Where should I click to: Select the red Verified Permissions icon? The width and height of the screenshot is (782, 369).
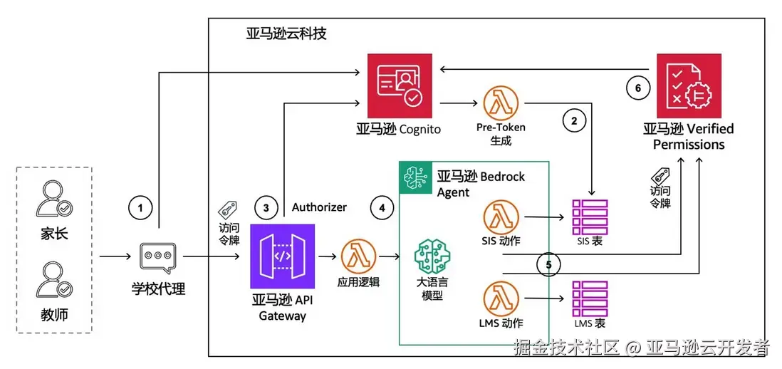[x=689, y=85]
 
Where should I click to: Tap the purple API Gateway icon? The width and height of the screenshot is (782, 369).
[x=282, y=256]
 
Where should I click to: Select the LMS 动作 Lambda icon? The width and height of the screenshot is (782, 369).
[x=500, y=298]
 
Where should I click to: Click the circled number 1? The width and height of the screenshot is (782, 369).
[x=141, y=207]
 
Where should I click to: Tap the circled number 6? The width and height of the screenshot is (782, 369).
[x=638, y=87]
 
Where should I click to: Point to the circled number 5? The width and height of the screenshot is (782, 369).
[x=548, y=264]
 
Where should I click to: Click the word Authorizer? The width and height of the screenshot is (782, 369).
[x=319, y=207]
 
